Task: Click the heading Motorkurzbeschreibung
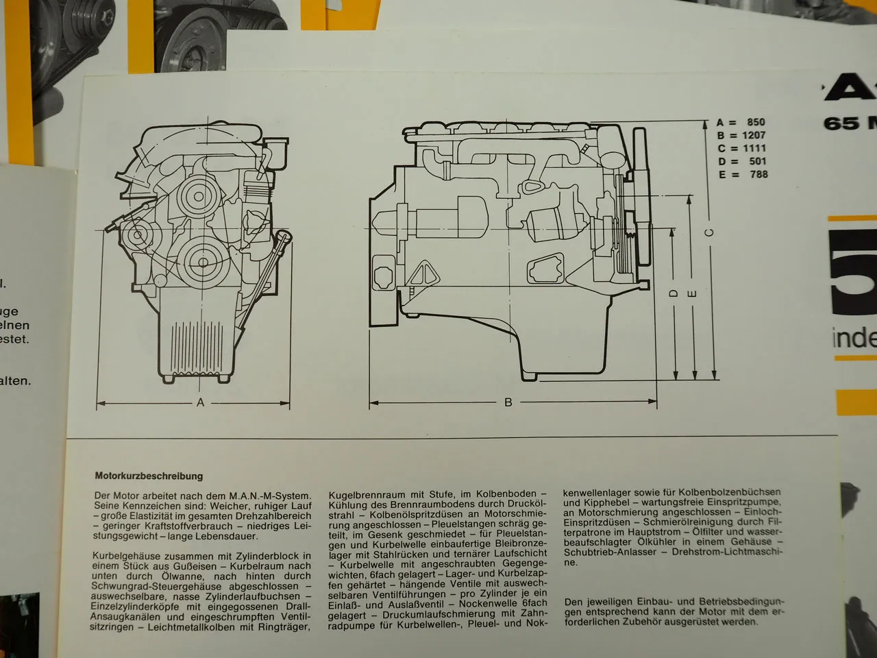149,476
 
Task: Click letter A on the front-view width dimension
200,403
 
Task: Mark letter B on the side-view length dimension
508,403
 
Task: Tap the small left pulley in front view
137,235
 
